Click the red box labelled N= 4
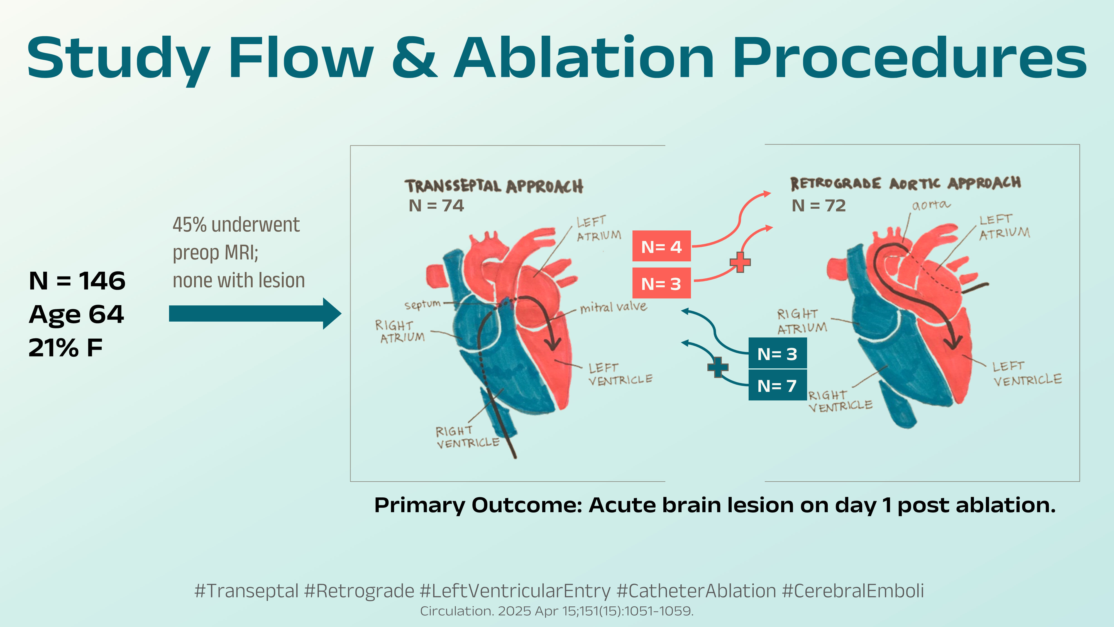tap(661, 246)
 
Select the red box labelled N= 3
tap(661, 283)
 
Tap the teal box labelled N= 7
tap(777, 385)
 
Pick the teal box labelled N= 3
tap(777, 354)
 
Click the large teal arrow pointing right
tap(255, 313)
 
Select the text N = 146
tap(77, 281)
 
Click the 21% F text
tap(66, 347)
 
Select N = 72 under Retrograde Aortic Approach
tap(819, 206)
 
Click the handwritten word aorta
tap(931, 205)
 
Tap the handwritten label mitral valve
tap(614, 307)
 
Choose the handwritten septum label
tap(422, 305)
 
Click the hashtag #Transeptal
tap(246, 591)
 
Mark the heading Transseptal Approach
tap(494, 186)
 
